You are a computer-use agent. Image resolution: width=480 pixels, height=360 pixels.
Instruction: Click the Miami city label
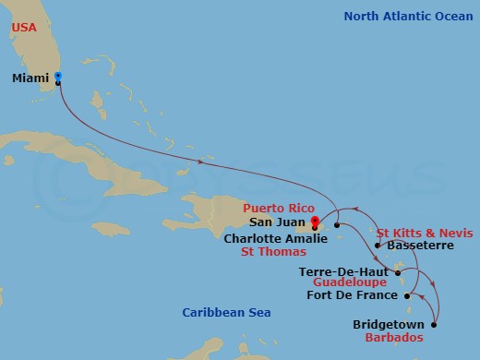pyautogui.click(x=30, y=78)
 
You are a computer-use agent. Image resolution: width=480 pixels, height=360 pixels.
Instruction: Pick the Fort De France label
pyautogui.click(x=353, y=296)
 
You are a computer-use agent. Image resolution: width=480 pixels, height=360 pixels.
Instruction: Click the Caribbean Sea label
pyautogui.click(x=226, y=313)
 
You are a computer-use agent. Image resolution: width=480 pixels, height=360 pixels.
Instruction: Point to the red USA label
pyautogui.click(x=25, y=29)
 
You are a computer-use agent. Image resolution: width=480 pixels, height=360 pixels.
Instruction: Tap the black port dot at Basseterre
pyautogui.click(x=378, y=246)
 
